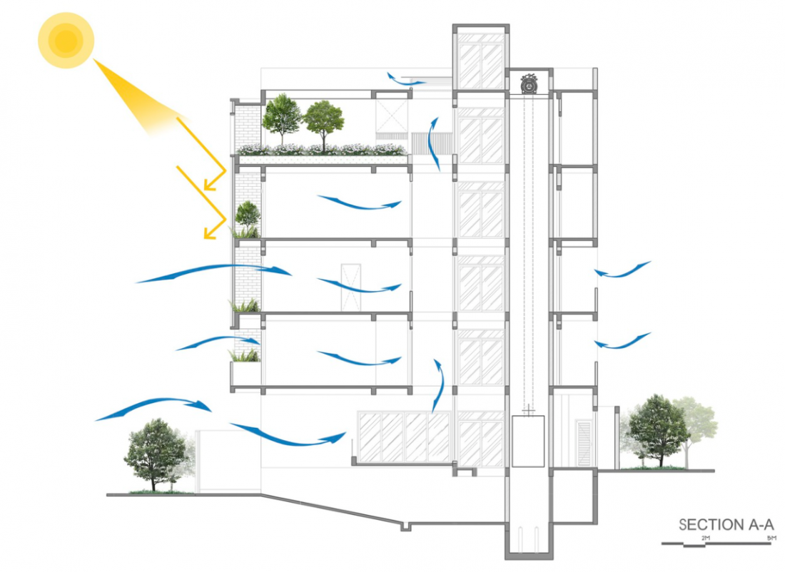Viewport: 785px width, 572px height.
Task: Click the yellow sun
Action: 66,41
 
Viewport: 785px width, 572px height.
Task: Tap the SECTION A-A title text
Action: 726,524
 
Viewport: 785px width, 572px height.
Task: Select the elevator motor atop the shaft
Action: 530,83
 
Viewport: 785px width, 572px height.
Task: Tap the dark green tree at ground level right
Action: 657,428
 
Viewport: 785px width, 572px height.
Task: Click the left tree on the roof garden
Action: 281,118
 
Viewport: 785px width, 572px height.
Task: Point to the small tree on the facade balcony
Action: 248,214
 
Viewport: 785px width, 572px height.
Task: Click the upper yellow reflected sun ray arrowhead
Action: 209,185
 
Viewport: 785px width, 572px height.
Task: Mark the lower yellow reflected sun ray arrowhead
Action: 209,233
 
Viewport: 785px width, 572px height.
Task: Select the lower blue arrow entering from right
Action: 622,342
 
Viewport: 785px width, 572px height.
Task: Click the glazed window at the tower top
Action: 480,63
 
